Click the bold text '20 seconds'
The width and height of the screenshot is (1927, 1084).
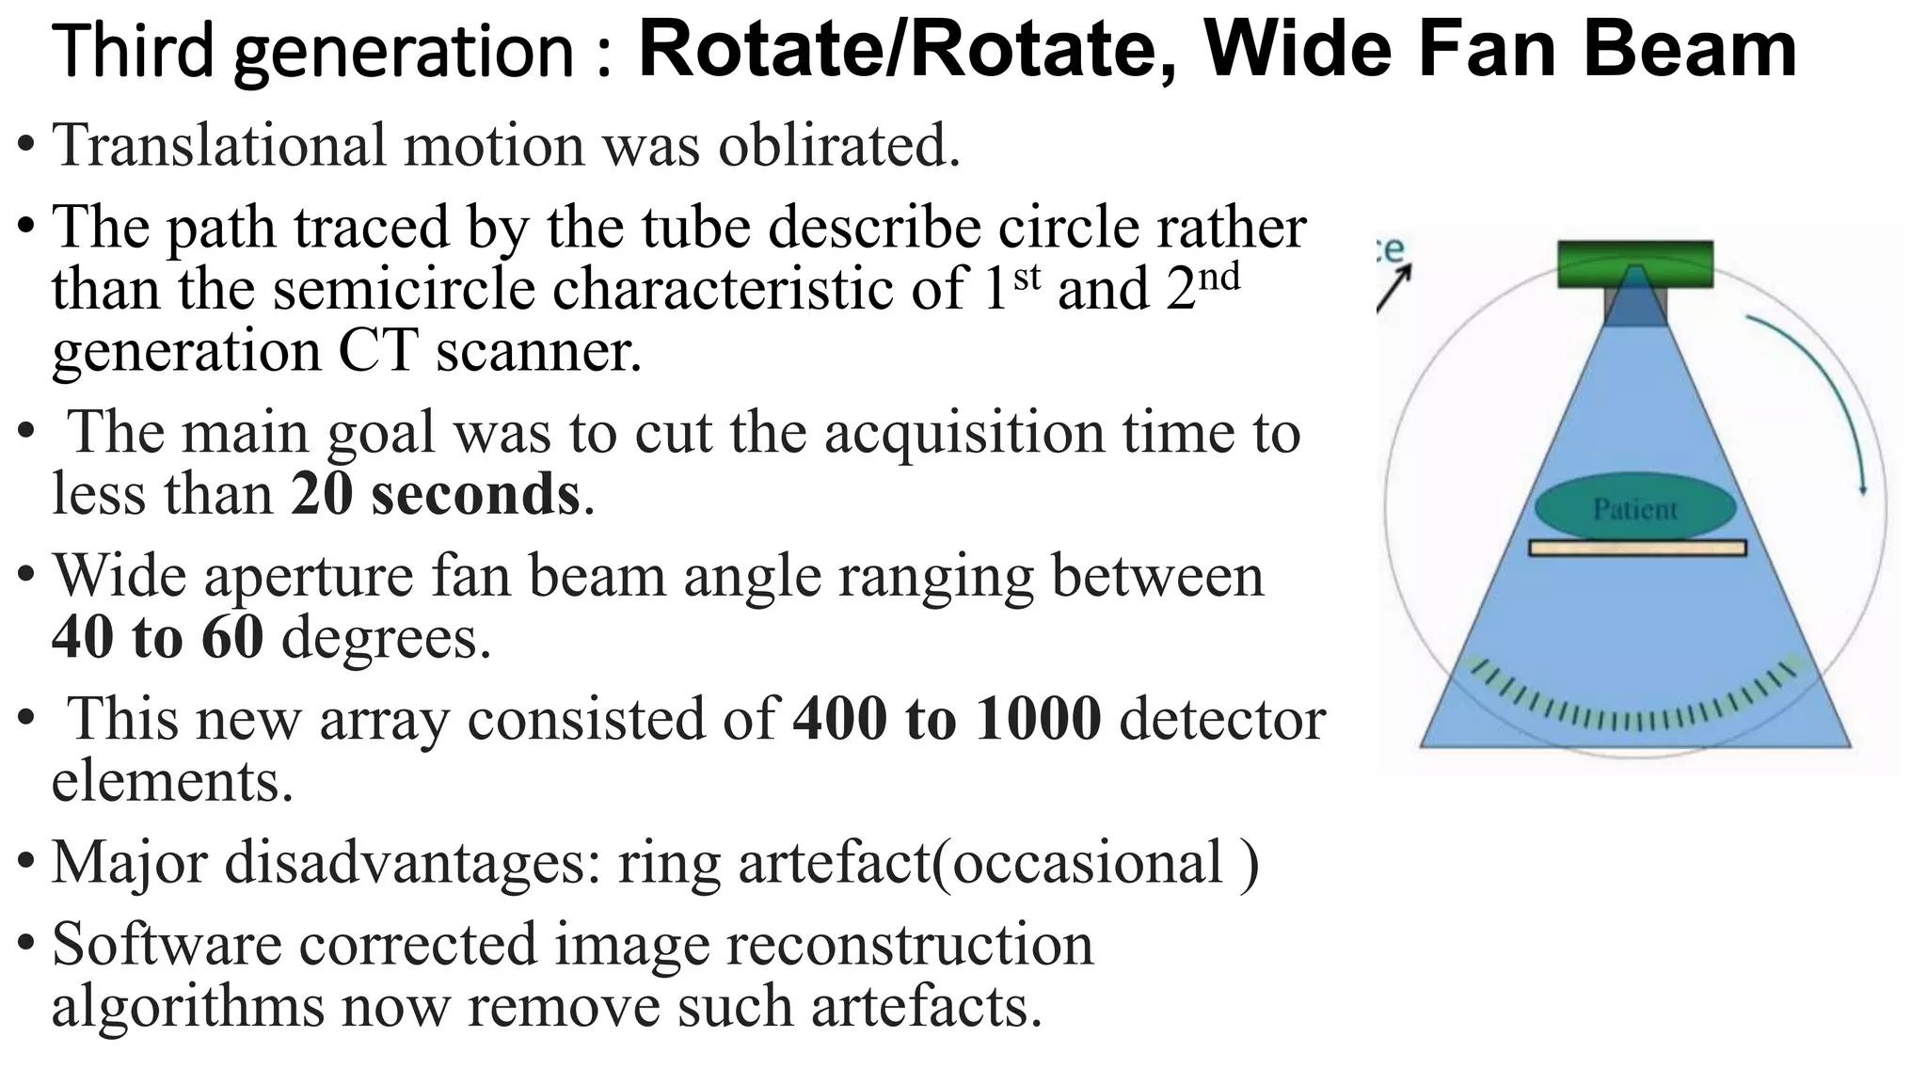[x=436, y=495]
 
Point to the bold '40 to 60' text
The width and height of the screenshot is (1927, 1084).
[x=157, y=637]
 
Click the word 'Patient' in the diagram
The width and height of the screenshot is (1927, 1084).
[x=1634, y=509]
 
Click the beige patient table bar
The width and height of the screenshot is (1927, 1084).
[x=1636, y=548]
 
